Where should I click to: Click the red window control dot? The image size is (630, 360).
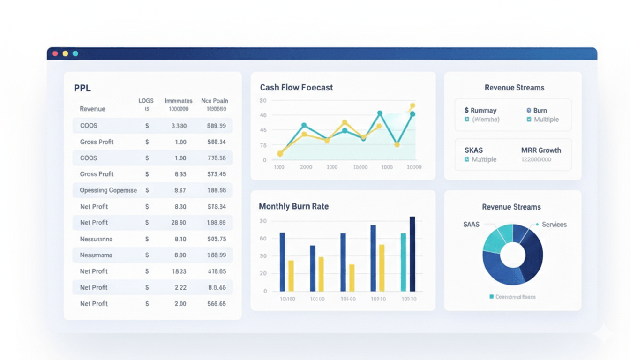[x=55, y=53]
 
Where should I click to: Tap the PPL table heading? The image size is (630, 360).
[x=82, y=88]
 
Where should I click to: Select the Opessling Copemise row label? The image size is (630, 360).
[x=108, y=190]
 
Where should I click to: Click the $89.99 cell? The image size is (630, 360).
[x=216, y=126]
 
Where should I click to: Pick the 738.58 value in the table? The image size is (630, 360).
[x=216, y=158]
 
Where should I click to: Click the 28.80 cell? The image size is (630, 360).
[x=180, y=223]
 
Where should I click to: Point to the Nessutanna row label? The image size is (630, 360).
[x=96, y=239]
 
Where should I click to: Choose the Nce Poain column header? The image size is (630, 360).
[x=214, y=100]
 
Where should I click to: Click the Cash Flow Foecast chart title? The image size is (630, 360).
[x=296, y=88]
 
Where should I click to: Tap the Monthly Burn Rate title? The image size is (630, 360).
[x=293, y=206]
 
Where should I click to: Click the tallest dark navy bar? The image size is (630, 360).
[x=412, y=254]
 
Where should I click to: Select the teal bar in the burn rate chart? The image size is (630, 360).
[x=403, y=262]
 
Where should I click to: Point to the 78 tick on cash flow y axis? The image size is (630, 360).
[x=263, y=145]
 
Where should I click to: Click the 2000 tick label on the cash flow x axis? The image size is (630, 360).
[x=306, y=167]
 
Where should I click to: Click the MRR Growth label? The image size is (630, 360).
[x=541, y=150]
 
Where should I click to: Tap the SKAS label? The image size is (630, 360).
[x=473, y=150]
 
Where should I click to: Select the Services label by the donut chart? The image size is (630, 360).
[x=554, y=225]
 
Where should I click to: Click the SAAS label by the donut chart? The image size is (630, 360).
[x=471, y=225]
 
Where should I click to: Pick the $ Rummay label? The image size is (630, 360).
[x=480, y=110]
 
